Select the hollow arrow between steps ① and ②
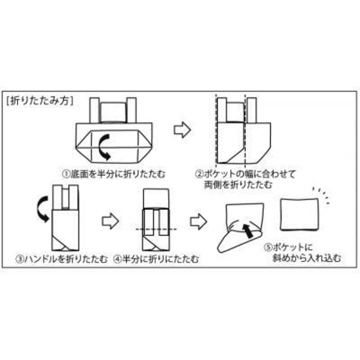tap(182, 130)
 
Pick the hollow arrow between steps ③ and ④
tap(110, 221)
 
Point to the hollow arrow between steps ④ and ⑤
tap(198, 221)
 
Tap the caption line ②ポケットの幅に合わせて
tap(246, 174)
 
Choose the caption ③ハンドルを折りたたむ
tap(62, 259)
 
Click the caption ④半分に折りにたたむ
tap(156, 259)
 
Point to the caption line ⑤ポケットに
tap(288, 247)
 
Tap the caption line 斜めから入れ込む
tap(307, 258)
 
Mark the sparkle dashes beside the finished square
tap(323, 195)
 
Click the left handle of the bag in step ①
tap(94, 110)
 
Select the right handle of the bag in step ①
tap(131, 110)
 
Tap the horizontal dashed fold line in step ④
tap(156, 229)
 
